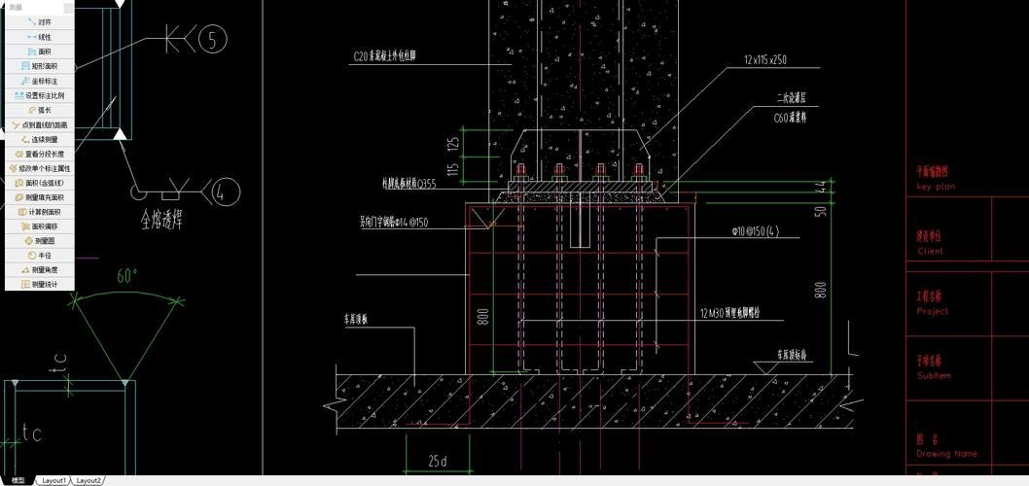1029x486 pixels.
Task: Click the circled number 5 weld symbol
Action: pos(212,40)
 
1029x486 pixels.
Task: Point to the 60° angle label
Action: pos(127,276)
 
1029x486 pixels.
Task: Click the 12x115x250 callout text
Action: pos(765,60)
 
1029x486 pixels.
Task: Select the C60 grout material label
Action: pos(790,117)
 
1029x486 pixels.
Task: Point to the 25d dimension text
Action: pos(438,461)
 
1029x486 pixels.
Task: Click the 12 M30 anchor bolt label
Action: pos(743,313)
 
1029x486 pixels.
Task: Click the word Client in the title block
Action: pos(930,251)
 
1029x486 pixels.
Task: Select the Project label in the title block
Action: pos(932,311)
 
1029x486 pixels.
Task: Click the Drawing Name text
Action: pos(947,454)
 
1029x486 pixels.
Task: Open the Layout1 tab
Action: pos(53,480)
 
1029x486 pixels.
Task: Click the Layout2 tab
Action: pos(89,480)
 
